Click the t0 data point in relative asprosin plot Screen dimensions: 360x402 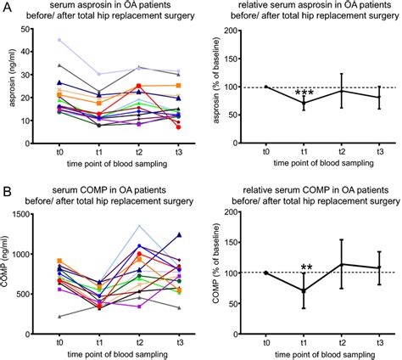tap(265, 87)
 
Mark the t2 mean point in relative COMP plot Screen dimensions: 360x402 tap(342, 264)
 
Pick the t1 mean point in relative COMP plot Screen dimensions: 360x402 tap(304, 290)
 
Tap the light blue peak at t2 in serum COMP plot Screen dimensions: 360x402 tap(139, 226)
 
